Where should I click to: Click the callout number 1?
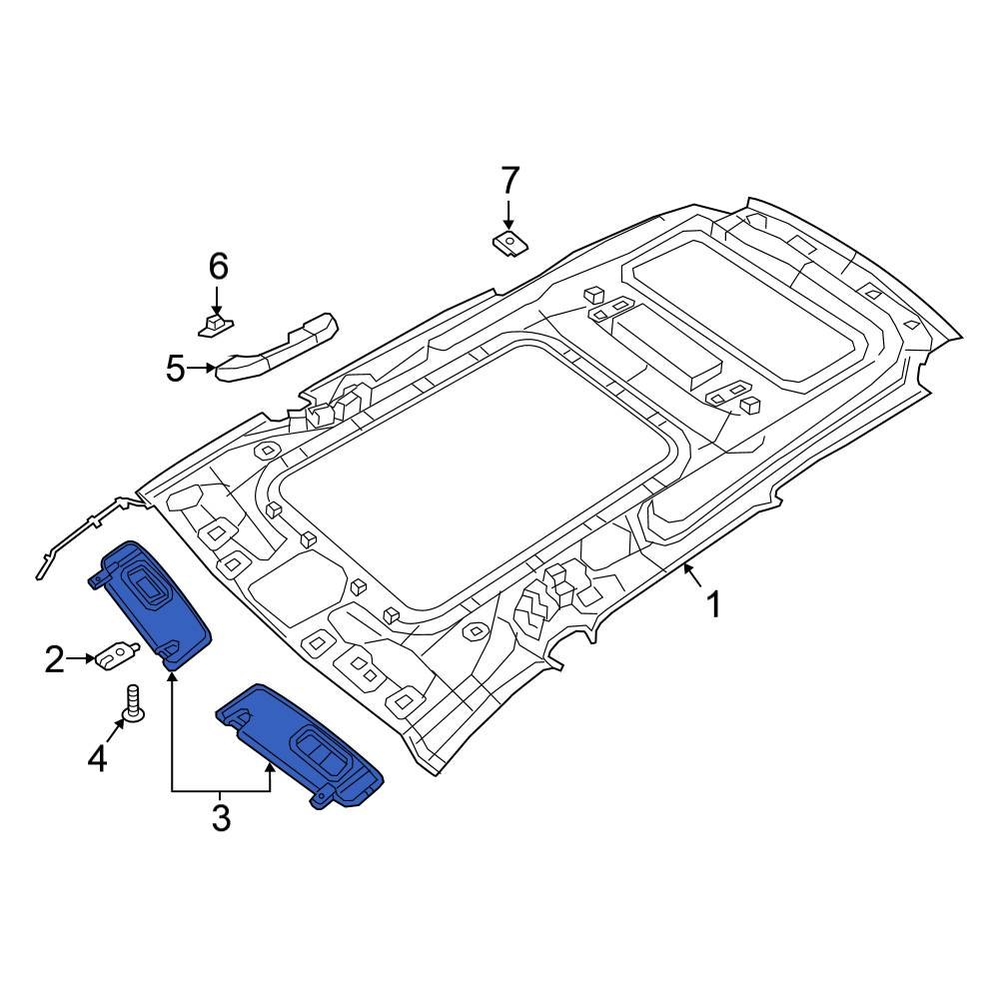tap(713, 604)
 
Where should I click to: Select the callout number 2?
tap(55, 659)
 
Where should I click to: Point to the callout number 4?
tap(97, 760)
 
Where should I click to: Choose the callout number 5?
tap(176, 370)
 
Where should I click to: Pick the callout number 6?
tap(218, 267)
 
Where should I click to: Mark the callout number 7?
tap(509, 181)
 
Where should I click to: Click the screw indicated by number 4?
tap(131, 704)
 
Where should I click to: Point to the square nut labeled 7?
tap(510, 241)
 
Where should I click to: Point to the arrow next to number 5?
tap(204, 369)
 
